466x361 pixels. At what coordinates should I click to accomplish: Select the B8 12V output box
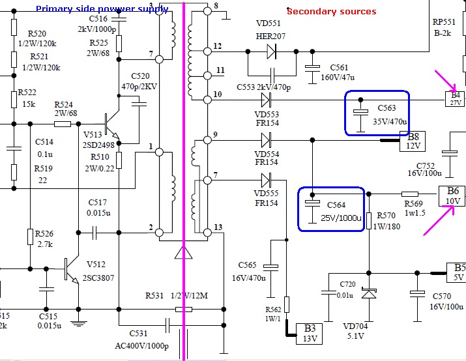[413, 141]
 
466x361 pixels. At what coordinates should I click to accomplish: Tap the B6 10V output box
[452, 195]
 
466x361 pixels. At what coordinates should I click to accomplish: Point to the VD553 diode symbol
[266, 100]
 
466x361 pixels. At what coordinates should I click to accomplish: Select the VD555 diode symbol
[266, 179]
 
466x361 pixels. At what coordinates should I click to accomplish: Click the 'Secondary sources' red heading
[331, 11]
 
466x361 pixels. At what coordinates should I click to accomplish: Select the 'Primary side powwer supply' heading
[102, 9]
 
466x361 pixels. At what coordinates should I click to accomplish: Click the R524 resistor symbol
[63, 123]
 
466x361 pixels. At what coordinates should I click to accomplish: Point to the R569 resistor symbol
[410, 194]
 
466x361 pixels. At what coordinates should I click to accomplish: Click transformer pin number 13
[217, 227]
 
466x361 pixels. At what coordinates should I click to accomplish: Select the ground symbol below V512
[78, 323]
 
